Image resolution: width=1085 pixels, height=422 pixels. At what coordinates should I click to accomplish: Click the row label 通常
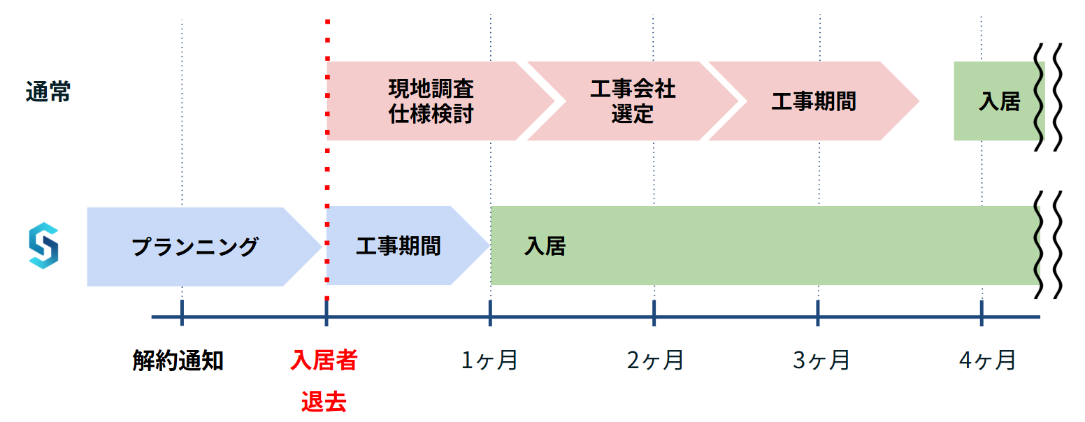48,92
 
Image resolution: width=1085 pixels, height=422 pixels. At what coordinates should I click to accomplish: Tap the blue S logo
43,245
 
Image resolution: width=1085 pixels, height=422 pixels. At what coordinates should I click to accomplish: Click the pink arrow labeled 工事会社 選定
631,101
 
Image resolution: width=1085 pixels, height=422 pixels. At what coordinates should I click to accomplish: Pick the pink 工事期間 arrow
812,101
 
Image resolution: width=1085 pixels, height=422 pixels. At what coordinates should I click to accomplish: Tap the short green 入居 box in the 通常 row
998,102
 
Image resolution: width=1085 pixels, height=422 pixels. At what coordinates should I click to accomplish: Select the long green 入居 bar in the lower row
762,246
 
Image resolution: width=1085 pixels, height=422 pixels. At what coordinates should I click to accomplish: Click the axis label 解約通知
178,361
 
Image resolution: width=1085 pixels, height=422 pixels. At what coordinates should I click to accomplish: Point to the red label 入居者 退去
324,381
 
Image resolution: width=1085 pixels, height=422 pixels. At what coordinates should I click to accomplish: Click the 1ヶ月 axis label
489,361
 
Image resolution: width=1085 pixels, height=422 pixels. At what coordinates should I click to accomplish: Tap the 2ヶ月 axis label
655,361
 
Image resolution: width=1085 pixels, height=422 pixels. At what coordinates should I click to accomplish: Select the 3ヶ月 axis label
821,361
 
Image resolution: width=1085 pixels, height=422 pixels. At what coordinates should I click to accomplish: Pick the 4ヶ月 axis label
986,361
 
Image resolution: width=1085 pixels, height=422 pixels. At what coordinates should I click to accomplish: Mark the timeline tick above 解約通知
182,313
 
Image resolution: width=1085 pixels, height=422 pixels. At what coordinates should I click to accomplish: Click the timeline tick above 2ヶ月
654,313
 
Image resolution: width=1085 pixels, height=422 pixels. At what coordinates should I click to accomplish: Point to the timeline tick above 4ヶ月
982,313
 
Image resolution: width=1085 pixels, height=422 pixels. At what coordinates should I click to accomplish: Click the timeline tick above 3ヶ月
818,313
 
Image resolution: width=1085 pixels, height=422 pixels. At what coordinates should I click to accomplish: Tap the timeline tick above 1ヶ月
490,313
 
